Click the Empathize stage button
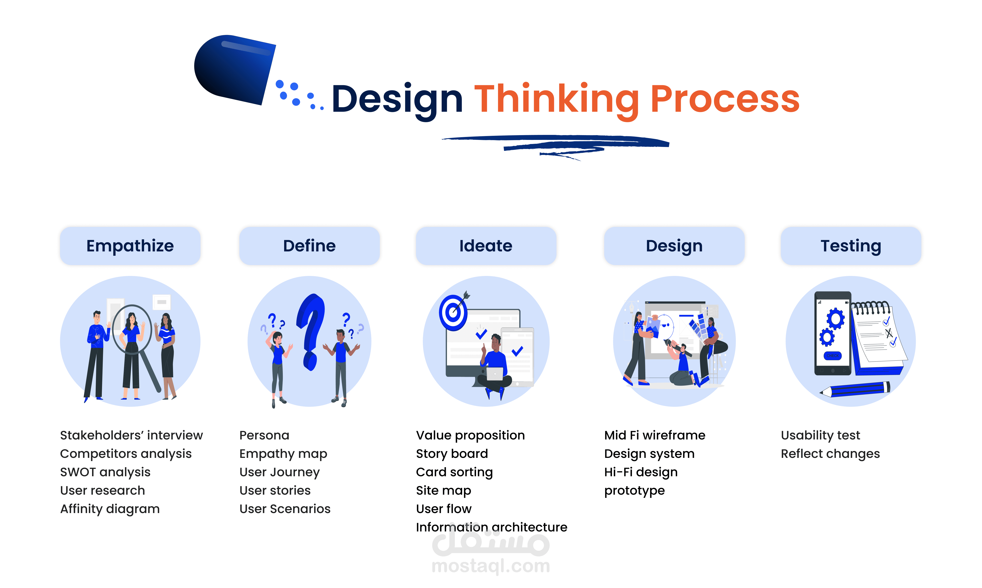click(130, 246)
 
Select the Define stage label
click(309, 246)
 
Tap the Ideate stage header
click(486, 246)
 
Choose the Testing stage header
click(851, 246)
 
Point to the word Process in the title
click(725, 99)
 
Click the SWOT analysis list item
click(105, 472)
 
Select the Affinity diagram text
click(110, 509)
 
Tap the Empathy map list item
click(283, 454)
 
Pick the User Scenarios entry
click(285, 509)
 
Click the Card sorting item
click(454, 472)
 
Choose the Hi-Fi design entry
click(641, 472)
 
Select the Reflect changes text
click(830, 454)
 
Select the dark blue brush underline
click(555, 143)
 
